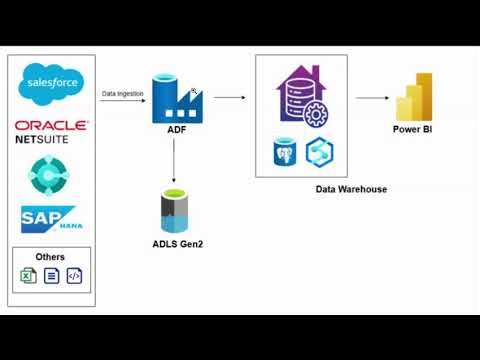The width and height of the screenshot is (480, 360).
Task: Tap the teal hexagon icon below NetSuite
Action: pyautogui.click(x=50, y=175)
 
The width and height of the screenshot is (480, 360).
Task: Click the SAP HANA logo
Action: pyautogui.click(x=50, y=219)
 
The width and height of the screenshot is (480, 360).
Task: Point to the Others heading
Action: pyautogui.click(x=50, y=257)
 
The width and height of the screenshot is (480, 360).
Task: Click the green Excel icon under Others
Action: pyautogui.click(x=29, y=275)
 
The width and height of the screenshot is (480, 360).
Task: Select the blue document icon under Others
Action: pyautogui.click(x=51, y=275)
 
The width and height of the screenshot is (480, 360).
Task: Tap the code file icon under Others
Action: pyautogui.click(x=73, y=275)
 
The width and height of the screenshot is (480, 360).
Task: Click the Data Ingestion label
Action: pyautogui.click(x=122, y=93)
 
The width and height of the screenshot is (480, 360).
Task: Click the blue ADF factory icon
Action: pyautogui.click(x=176, y=98)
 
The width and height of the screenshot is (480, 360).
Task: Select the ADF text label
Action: pyautogui.click(x=176, y=130)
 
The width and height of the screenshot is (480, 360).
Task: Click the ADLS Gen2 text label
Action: pyautogui.click(x=176, y=244)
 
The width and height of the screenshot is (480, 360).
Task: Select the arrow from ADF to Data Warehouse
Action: pyautogui.click(x=229, y=98)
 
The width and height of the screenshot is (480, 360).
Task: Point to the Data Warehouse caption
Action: pyautogui.click(x=351, y=189)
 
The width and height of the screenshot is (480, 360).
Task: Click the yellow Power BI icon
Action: pyautogui.click(x=413, y=97)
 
